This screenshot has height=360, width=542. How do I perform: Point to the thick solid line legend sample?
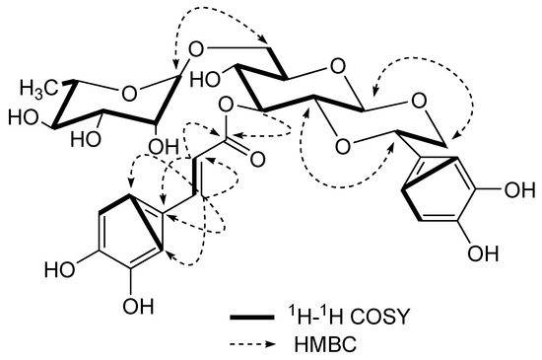coord(254,318)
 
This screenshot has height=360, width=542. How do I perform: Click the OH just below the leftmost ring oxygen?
coord(153,147)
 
